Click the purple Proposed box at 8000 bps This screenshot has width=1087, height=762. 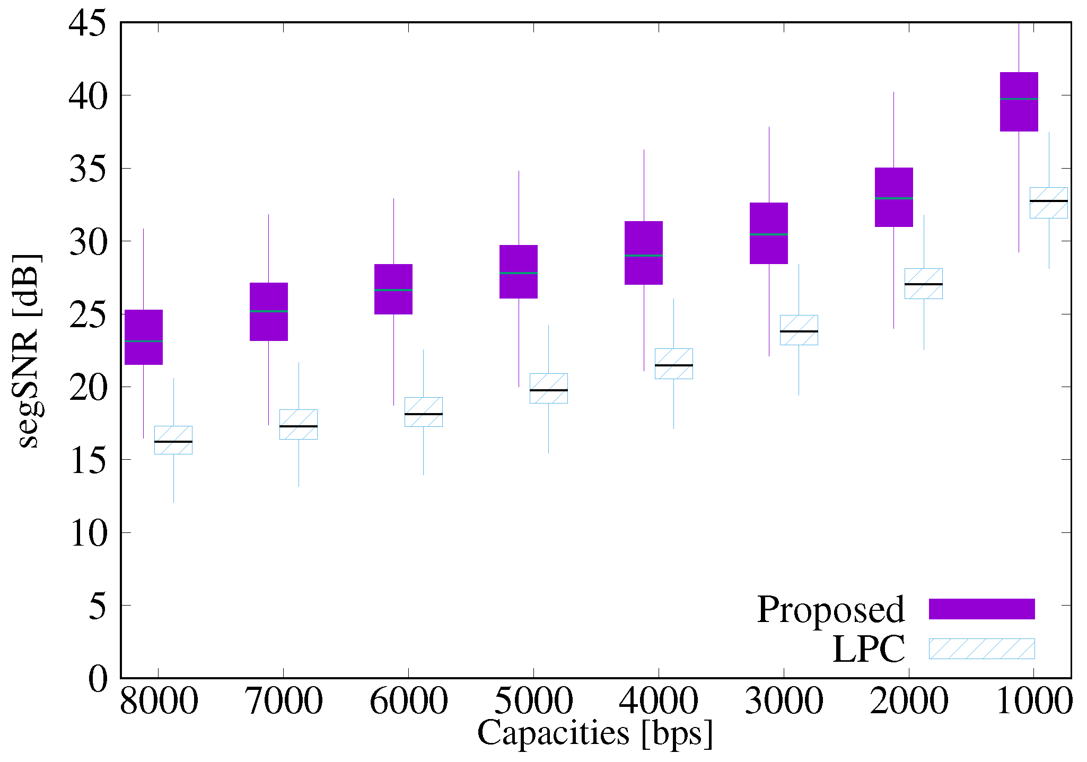[x=143, y=337]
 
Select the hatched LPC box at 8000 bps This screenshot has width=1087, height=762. [x=173, y=440]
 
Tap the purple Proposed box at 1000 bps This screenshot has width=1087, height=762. [x=1019, y=102]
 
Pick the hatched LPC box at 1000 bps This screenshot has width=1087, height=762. [x=1048, y=203]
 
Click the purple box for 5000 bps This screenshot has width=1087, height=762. [x=519, y=271]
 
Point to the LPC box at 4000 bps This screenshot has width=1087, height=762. [x=673, y=364]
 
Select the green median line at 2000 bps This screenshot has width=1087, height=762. [x=893, y=198]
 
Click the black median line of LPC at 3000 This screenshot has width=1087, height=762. [x=799, y=331]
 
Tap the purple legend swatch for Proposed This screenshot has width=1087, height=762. [x=981, y=609]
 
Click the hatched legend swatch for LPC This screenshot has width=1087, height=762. [x=981, y=649]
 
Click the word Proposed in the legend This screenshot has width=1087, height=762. [x=830, y=609]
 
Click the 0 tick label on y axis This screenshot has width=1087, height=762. [x=98, y=679]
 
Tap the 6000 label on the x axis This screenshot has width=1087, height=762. [x=408, y=701]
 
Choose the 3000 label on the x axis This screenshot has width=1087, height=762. [x=784, y=701]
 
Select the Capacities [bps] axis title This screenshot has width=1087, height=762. [x=595, y=734]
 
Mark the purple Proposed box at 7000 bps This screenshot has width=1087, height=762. [x=268, y=312]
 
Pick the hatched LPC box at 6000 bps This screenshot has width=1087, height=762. [x=423, y=412]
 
